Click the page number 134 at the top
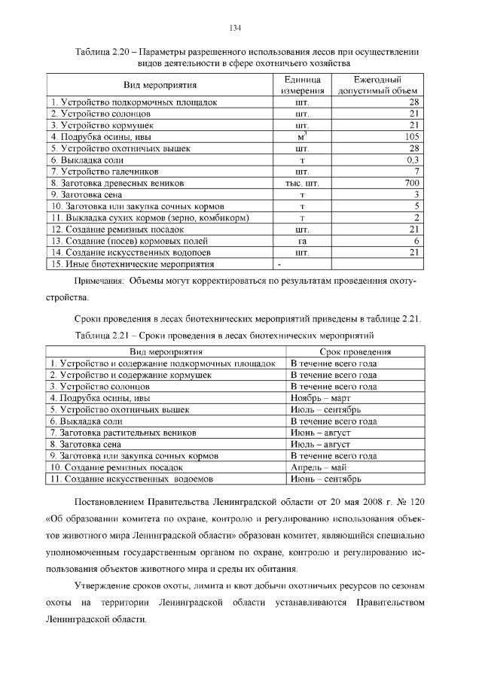click(234, 28)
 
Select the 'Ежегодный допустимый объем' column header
click(377, 85)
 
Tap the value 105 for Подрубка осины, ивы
click(411, 137)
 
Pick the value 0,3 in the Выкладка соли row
click(412, 160)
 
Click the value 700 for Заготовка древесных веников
click(411, 183)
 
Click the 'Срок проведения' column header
click(355, 351)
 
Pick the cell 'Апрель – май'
click(317, 467)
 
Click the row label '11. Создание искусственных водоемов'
click(132, 479)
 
